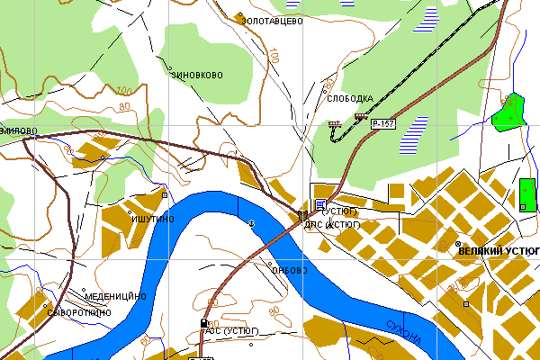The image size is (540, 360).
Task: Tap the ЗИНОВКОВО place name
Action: coord(196,76)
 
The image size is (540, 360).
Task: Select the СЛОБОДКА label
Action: coord(351,98)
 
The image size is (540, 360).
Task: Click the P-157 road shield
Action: coord(383,123)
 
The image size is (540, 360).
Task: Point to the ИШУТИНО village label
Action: coord(152,219)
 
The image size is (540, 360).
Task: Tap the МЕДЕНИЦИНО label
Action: coord(114,296)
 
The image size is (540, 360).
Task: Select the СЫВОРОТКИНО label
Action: coord(82,311)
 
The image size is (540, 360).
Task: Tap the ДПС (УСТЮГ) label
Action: coord(332,223)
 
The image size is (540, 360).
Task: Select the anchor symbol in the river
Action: coord(251,223)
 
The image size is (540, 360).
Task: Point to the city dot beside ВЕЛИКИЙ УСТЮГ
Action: coord(458,245)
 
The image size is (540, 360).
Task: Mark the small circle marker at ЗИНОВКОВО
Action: coord(170,67)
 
